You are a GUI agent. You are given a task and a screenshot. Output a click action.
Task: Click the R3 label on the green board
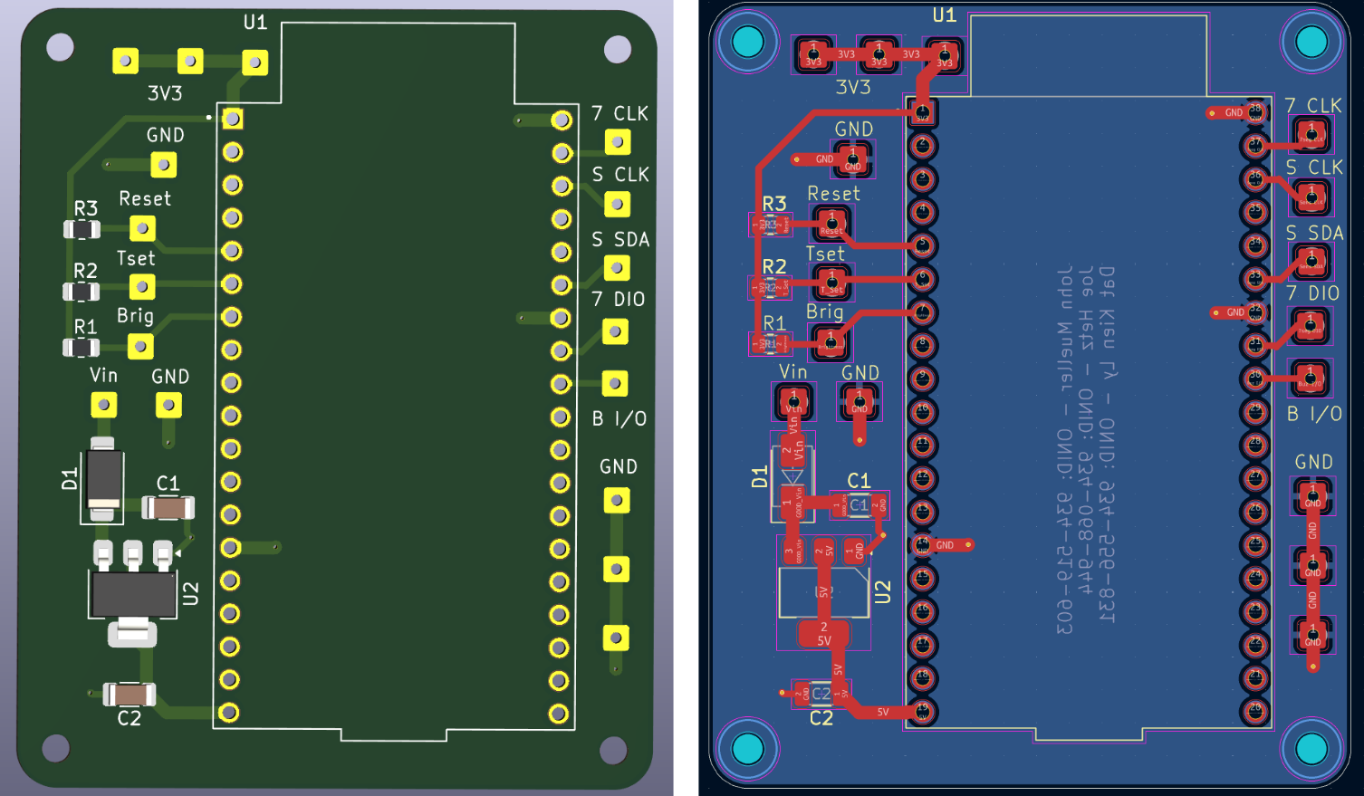[86, 208]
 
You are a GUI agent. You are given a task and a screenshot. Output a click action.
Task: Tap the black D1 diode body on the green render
[104, 478]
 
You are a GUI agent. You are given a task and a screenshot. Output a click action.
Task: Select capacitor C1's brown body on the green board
[168, 508]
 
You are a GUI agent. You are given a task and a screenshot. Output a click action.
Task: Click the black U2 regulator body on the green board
[133, 593]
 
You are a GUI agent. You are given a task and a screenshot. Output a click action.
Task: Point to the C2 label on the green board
[130, 718]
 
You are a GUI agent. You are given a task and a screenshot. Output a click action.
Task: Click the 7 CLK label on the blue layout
[1312, 106]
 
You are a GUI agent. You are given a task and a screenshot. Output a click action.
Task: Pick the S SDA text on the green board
[620, 240]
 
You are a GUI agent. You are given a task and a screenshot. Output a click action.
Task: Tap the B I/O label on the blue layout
[1313, 414]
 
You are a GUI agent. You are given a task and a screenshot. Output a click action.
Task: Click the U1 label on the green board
[255, 23]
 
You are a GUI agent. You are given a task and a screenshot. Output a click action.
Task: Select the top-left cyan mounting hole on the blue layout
[748, 42]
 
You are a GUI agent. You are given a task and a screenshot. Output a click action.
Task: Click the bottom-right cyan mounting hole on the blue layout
[1311, 749]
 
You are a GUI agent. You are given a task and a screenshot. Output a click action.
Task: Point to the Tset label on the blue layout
[825, 254]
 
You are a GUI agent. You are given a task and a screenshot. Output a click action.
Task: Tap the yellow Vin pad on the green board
[104, 404]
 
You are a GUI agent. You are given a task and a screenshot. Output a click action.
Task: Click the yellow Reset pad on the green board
[142, 228]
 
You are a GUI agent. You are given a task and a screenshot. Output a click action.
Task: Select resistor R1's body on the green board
[82, 348]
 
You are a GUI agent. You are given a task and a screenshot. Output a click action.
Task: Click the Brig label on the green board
[135, 316]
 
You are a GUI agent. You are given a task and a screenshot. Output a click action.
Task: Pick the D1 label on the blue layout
[759, 477]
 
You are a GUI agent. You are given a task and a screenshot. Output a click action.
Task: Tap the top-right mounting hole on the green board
[618, 49]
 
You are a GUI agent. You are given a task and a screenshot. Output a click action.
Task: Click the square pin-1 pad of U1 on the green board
[233, 119]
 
